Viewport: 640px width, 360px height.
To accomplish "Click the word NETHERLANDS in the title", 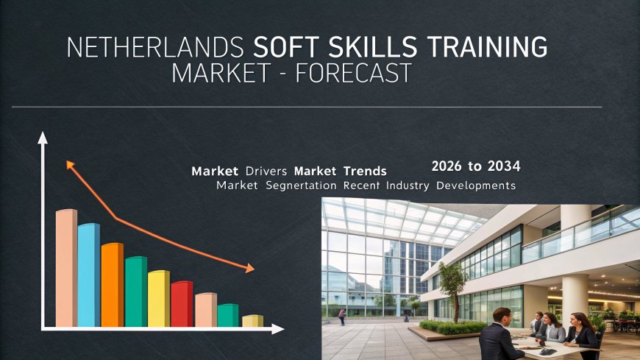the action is (x=155, y=47).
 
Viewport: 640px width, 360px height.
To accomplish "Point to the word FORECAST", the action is (x=353, y=73).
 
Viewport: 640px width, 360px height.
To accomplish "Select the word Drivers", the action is (x=266, y=171).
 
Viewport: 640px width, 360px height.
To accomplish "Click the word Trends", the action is (x=365, y=171).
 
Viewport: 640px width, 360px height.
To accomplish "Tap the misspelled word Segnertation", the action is (x=301, y=186).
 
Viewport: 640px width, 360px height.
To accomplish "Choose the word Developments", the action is (x=476, y=186).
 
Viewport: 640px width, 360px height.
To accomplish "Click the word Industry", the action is (x=408, y=186).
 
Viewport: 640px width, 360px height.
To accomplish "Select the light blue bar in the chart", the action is (x=89, y=275).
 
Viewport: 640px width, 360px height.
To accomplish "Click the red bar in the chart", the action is (x=182, y=304).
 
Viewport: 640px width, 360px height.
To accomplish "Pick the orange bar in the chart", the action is (x=113, y=285).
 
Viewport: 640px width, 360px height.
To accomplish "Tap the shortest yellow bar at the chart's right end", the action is (x=252, y=321).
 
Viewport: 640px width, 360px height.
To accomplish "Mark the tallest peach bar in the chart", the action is (x=66, y=268).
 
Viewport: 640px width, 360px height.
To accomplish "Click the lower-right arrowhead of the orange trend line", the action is (x=249, y=268).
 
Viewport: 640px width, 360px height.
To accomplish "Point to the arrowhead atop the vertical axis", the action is (x=43, y=138).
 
